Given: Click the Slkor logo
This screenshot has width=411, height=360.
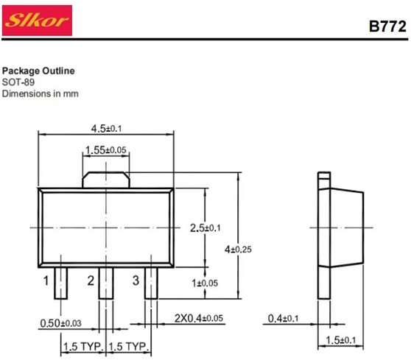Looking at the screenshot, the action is click(x=37, y=20).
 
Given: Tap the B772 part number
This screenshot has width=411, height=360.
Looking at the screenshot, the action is click(x=387, y=27).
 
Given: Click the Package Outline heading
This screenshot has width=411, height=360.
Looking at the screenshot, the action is click(x=38, y=71).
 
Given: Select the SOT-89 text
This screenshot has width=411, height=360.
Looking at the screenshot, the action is click(x=18, y=82).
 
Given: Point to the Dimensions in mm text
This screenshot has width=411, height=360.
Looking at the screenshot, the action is click(x=40, y=93).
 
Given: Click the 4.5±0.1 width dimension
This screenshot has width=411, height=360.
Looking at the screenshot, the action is click(x=106, y=129).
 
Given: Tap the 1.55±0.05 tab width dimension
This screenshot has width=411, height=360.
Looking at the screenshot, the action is click(x=106, y=150).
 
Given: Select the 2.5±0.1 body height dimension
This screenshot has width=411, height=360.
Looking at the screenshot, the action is click(x=205, y=228).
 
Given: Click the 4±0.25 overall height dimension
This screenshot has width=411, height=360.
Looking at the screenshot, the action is click(x=238, y=250).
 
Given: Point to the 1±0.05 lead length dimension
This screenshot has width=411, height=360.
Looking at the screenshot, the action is click(x=205, y=283).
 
